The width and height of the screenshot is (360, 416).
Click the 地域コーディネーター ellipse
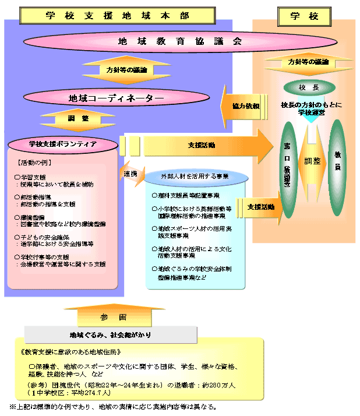tap(117, 98)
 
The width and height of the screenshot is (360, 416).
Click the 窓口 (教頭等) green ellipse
tap(287, 170)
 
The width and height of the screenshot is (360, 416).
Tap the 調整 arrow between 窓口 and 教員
tap(312, 160)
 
